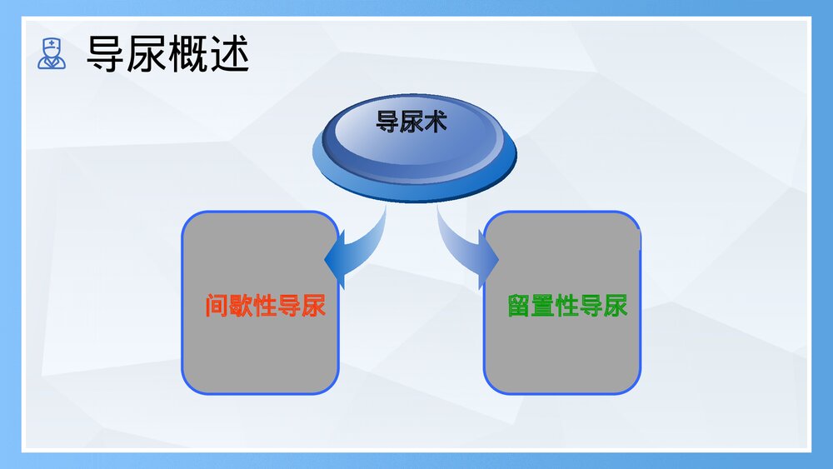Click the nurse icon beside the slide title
[x=52, y=53]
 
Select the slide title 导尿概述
[x=167, y=54]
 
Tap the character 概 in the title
[x=187, y=54]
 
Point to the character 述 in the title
[x=229, y=54]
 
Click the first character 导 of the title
[x=106, y=54]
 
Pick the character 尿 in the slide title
[x=147, y=54]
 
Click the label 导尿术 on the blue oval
[x=412, y=122]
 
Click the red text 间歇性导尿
[x=265, y=307]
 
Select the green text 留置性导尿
[x=567, y=307]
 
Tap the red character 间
[x=217, y=307]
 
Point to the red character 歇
[x=242, y=307]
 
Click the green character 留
[x=520, y=307]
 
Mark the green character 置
[x=544, y=307]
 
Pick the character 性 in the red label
[x=265, y=307]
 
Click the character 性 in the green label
[x=567, y=307]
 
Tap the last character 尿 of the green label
[x=616, y=307]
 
